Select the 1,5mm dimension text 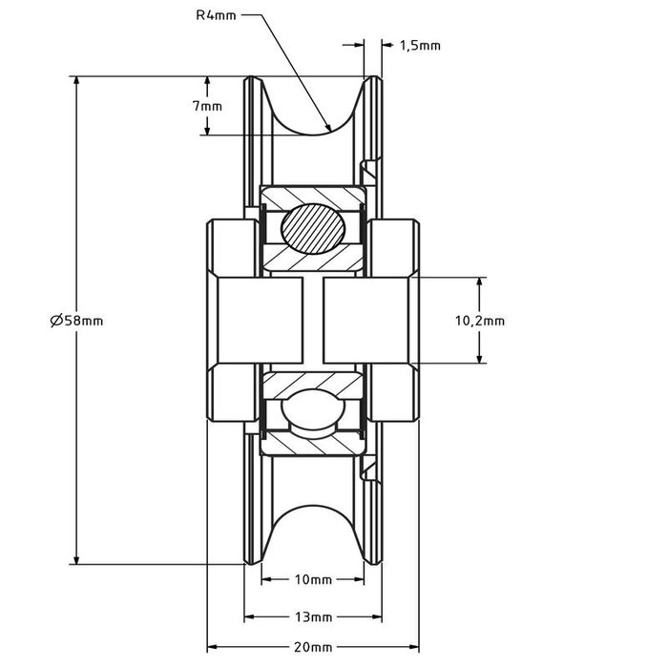click(x=419, y=45)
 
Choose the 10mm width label click(x=313, y=579)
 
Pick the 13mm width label click(x=313, y=616)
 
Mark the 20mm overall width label click(x=313, y=647)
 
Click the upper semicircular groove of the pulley click(x=314, y=105)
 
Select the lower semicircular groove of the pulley click(x=314, y=534)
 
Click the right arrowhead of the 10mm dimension click(x=361, y=579)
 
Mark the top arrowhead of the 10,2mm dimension click(x=480, y=282)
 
